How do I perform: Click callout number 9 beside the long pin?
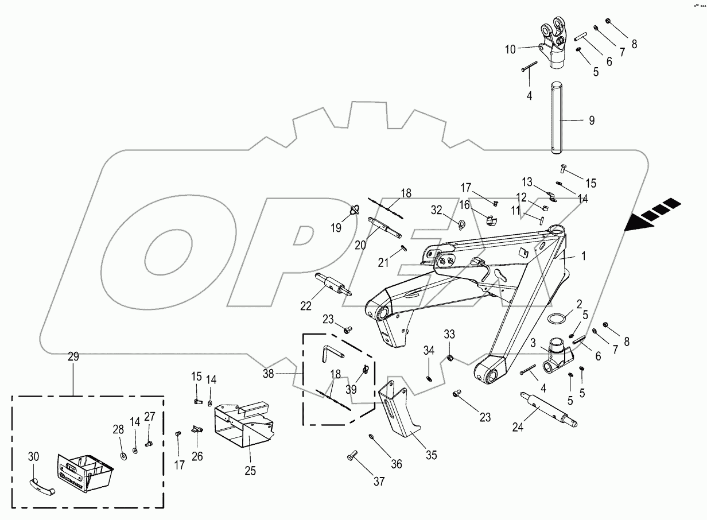(x=591, y=121)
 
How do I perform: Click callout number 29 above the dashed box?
(x=73, y=357)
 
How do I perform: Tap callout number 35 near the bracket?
(x=431, y=455)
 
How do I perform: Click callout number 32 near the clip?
(x=437, y=210)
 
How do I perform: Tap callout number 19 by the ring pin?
(x=336, y=227)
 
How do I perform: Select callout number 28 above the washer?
(x=118, y=430)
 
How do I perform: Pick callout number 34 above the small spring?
(x=429, y=350)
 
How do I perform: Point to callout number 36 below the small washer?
(x=396, y=464)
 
